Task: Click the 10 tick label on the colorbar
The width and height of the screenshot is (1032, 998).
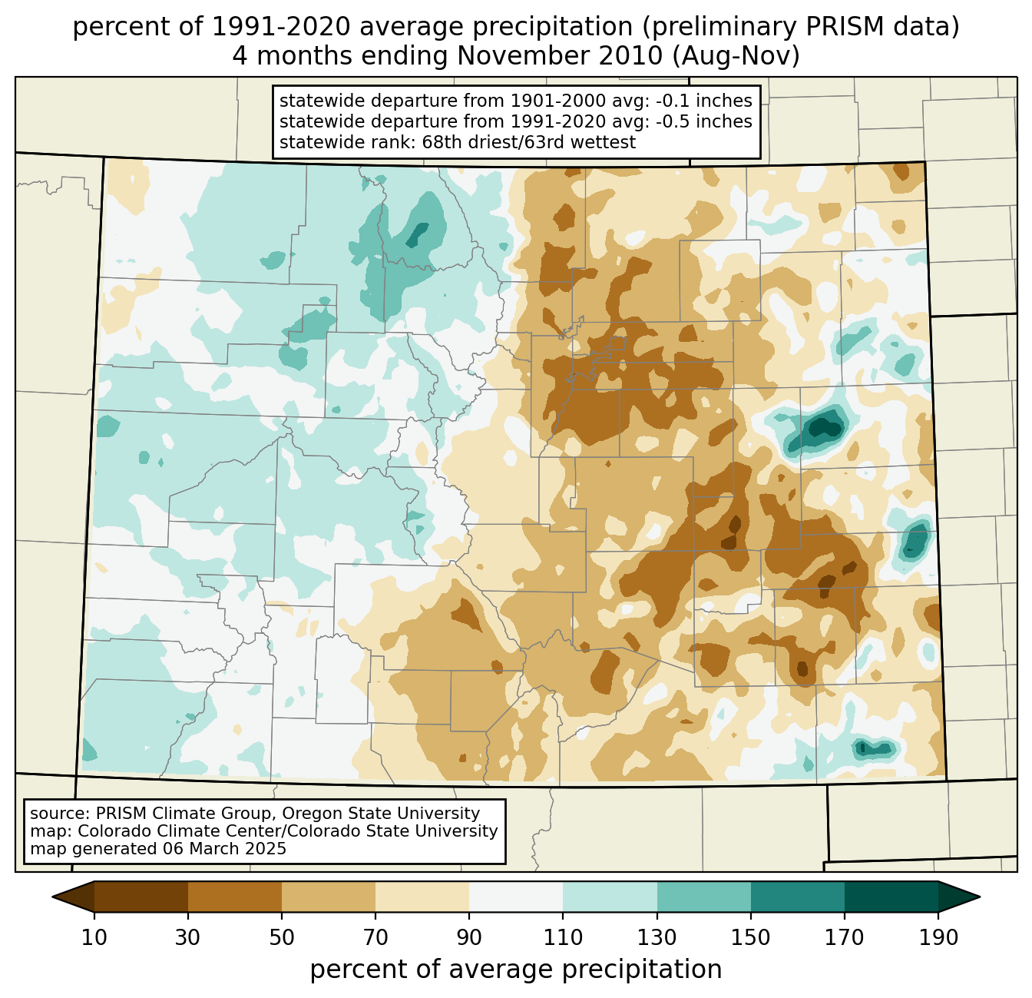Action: click(94, 937)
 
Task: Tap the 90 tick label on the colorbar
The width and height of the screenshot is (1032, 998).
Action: click(469, 937)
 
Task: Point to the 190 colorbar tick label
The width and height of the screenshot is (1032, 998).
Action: click(938, 937)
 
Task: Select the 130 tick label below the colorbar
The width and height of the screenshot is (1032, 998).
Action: click(657, 937)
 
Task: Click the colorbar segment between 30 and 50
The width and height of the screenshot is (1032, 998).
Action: click(234, 897)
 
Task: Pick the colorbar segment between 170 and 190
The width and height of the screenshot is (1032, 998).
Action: click(891, 897)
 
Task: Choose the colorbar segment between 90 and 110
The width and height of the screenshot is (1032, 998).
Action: click(516, 897)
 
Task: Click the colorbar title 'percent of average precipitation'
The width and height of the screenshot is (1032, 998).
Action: click(516, 970)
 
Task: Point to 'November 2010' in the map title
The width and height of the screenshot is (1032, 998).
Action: click(560, 56)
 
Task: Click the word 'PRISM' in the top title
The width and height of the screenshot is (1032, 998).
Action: click(835, 27)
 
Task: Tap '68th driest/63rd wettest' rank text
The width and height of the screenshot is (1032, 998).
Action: click(529, 142)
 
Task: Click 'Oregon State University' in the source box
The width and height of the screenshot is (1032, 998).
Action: click(381, 814)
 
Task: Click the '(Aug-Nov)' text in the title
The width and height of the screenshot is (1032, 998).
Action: click(736, 56)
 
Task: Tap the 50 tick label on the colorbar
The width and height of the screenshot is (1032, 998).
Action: click(282, 937)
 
